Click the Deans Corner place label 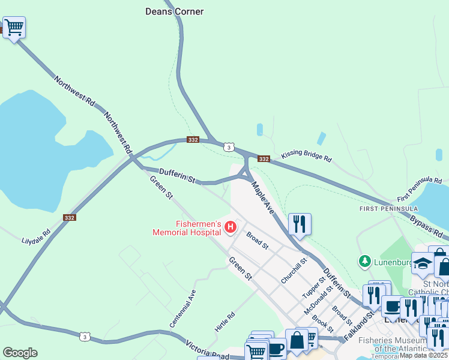[x=175, y=11]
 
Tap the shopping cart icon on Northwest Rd [x=14, y=27]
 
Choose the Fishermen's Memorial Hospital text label [x=186, y=228]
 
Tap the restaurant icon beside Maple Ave [x=300, y=224]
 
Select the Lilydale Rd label [x=37, y=236]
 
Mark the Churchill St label [x=294, y=271]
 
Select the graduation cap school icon [x=422, y=263]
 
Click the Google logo [x=20, y=353]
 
